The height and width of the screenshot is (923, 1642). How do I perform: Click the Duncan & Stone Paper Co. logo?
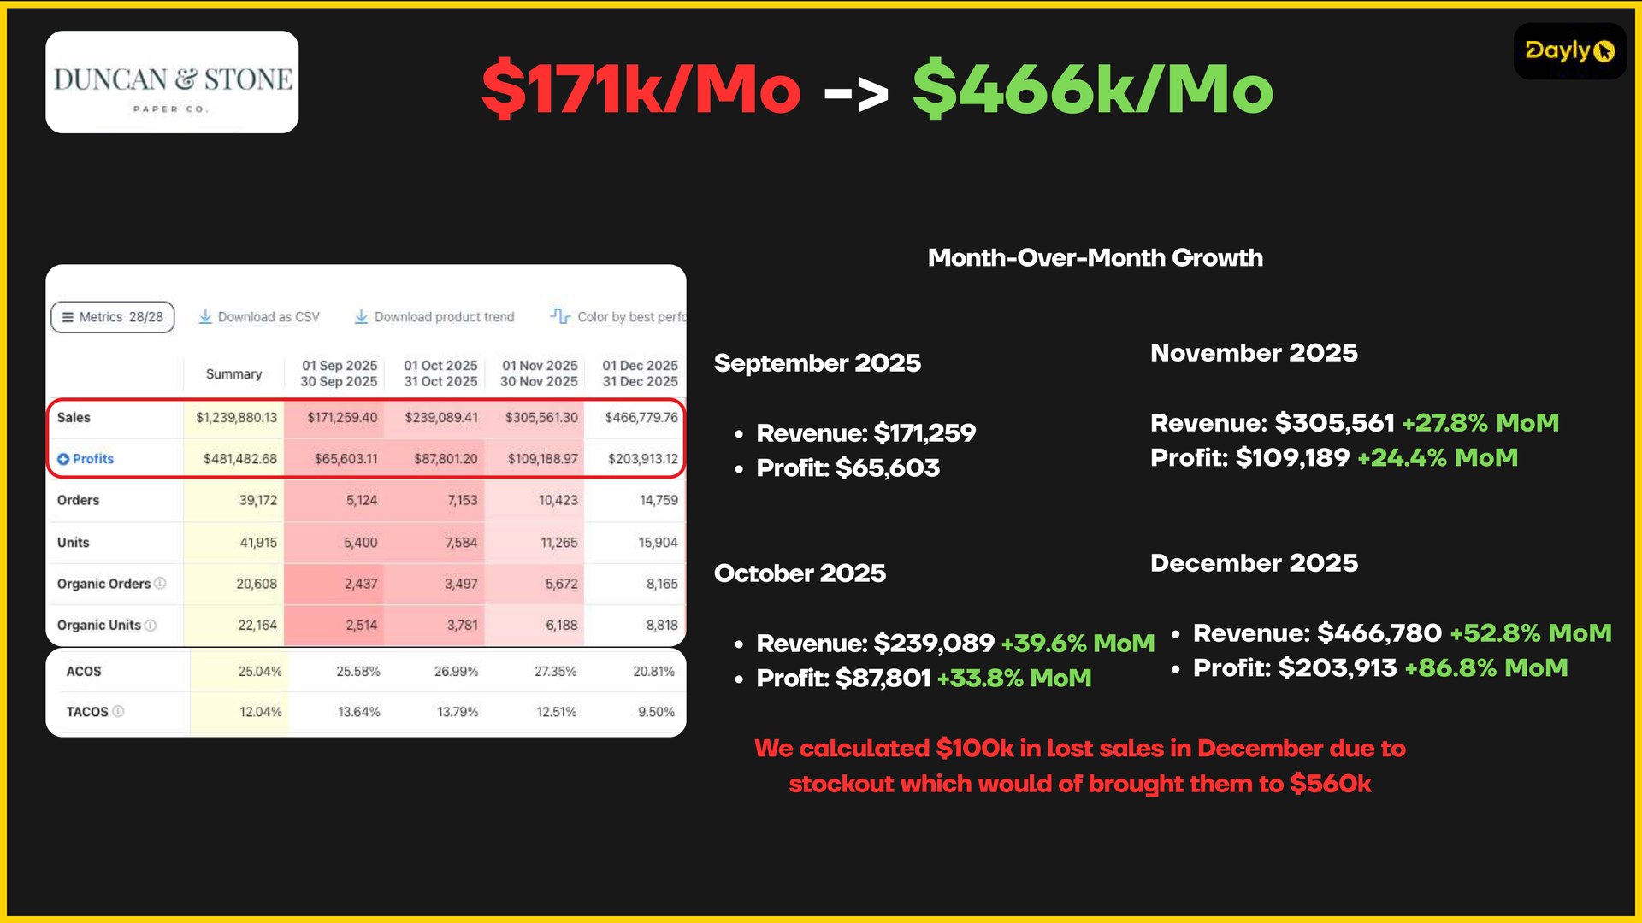[x=172, y=82]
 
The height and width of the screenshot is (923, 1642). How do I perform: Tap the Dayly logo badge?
[x=1569, y=51]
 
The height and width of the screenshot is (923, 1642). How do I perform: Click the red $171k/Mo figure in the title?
[x=641, y=88]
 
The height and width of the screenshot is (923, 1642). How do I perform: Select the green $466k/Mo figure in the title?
[x=1093, y=88]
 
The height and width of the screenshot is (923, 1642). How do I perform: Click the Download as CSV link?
[x=259, y=317]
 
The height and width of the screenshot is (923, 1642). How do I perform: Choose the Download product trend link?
[x=434, y=317]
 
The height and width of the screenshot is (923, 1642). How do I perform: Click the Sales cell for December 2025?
[x=641, y=418]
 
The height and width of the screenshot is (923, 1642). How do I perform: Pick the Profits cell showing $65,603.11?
[x=346, y=459]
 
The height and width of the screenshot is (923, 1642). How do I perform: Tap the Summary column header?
[x=233, y=374]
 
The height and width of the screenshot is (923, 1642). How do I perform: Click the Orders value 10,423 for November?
[x=558, y=500]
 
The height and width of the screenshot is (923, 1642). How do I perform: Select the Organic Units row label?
[x=99, y=626]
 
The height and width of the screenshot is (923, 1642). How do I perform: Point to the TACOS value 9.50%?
[x=656, y=712]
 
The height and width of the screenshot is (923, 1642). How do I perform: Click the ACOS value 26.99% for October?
[x=456, y=672]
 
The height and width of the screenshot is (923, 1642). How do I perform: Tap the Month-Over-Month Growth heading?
[x=1096, y=258]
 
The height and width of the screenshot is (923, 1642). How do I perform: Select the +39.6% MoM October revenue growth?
[x=1078, y=644]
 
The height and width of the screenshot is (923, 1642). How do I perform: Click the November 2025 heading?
[x=1254, y=353]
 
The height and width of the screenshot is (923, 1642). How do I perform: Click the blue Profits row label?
[x=86, y=459]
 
